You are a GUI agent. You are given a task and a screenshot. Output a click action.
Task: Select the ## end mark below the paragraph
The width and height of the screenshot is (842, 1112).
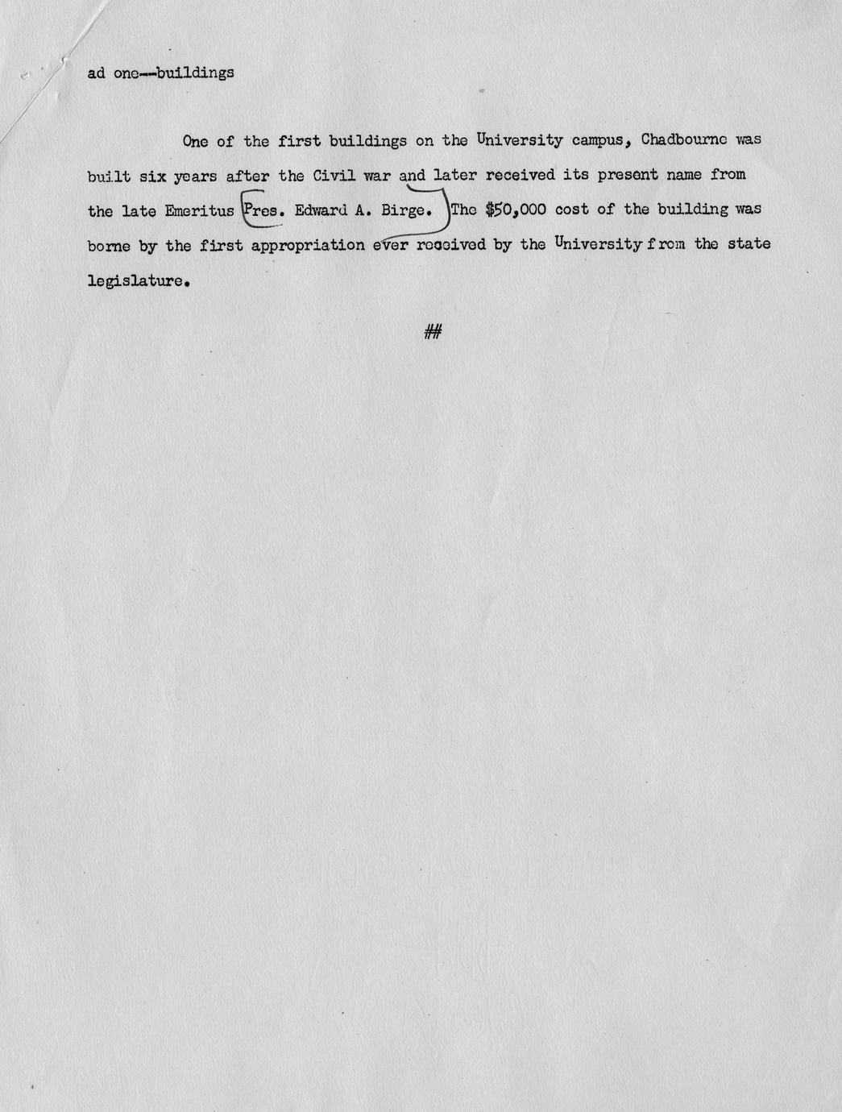[x=433, y=331]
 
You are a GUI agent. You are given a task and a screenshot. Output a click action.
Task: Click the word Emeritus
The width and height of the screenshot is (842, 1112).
[x=199, y=211]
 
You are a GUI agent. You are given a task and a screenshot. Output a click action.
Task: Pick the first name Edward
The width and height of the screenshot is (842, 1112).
[x=321, y=211]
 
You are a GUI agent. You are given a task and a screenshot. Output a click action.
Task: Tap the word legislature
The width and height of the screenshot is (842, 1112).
[x=139, y=282]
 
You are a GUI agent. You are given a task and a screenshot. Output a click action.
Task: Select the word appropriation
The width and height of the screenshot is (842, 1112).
[x=308, y=245]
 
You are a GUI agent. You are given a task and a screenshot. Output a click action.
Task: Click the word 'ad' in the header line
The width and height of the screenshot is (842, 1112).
[x=96, y=73]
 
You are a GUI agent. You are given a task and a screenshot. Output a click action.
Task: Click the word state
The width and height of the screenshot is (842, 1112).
[x=749, y=243]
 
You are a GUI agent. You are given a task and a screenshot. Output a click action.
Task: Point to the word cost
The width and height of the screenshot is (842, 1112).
[x=571, y=210]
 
